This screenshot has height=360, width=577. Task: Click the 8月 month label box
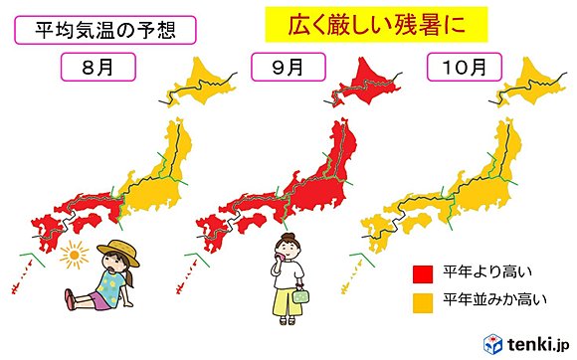tap(94, 69)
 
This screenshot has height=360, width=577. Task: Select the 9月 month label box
tap(279, 69)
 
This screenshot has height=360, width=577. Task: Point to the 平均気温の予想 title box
tap(96, 30)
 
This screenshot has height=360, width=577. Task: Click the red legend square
tap(422, 270)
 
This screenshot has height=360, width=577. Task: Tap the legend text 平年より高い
tap(477, 270)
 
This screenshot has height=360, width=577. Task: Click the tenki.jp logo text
tap(537, 342)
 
